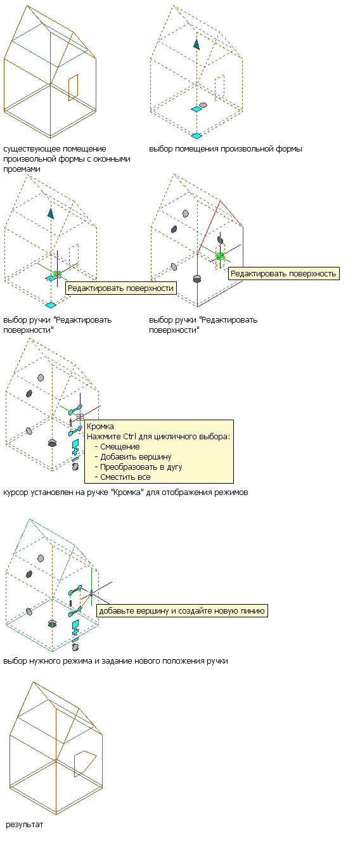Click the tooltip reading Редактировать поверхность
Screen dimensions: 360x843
(x=284, y=274)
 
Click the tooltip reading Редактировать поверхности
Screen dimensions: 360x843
(x=121, y=288)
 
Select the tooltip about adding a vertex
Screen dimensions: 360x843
(x=182, y=611)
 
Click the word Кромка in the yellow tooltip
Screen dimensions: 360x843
(x=100, y=427)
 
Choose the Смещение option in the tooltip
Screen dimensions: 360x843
(x=120, y=447)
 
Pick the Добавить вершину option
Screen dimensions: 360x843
(x=136, y=457)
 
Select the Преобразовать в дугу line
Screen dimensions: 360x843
(x=141, y=467)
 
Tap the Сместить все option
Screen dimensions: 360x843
(x=125, y=477)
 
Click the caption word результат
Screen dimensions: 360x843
(x=25, y=825)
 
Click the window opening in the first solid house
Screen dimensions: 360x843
(x=73, y=87)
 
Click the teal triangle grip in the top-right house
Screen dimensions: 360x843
(x=196, y=44)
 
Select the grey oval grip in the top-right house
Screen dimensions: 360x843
(x=203, y=105)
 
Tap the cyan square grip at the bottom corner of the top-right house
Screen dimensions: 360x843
(x=196, y=136)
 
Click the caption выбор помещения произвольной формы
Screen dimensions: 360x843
(x=226, y=149)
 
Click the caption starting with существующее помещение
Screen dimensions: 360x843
(x=67, y=159)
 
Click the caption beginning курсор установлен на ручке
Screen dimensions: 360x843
(x=125, y=492)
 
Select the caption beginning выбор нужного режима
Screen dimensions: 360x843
(x=115, y=661)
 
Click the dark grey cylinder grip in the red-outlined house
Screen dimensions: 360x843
(x=197, y=279)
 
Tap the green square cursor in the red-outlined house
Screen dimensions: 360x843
(x=220, y=256)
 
